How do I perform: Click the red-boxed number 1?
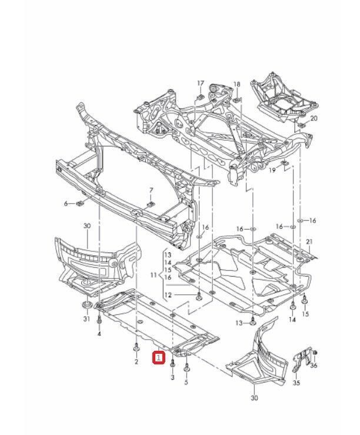pyautogui.click(x=159, y=357)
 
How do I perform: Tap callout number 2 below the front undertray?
pyautogui.click(x=136, y=361)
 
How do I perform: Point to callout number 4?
pyautogui.click(x=99, y=334)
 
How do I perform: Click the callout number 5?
pyautogui.click(x=186, y=382)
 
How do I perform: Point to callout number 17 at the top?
pyautogui.click(x=200, y=83)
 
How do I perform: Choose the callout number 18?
pyautogui.click(x=237, y=85)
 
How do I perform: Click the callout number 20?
pyautogui.click(x=314, y=119)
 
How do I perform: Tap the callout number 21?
pyautogui.click(x=309, y=242)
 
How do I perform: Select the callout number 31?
pyautogui.click(x=86, y=319)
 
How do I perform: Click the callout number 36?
pyautogui.click(x=314, y=366)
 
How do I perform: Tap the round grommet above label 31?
pyautogui.click(x=86, y=306)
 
